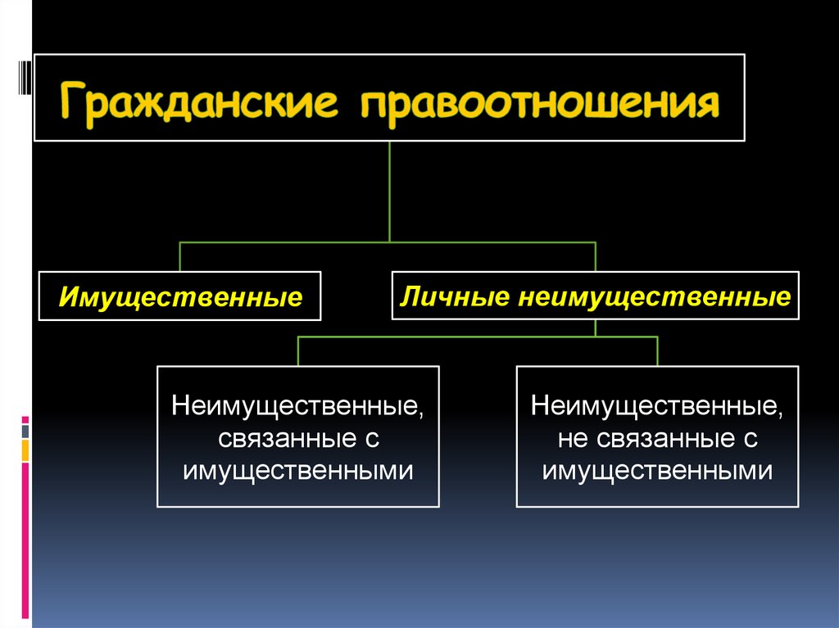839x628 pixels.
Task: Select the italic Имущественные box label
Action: click(x=180, y=296)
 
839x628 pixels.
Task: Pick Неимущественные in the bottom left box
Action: click(x=298, y=406)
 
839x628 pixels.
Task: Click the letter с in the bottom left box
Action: click(x=370, y=438)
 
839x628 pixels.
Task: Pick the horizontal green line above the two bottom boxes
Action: click(x=475, y=337)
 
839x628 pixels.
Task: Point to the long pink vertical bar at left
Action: click(x=25, y=540)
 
